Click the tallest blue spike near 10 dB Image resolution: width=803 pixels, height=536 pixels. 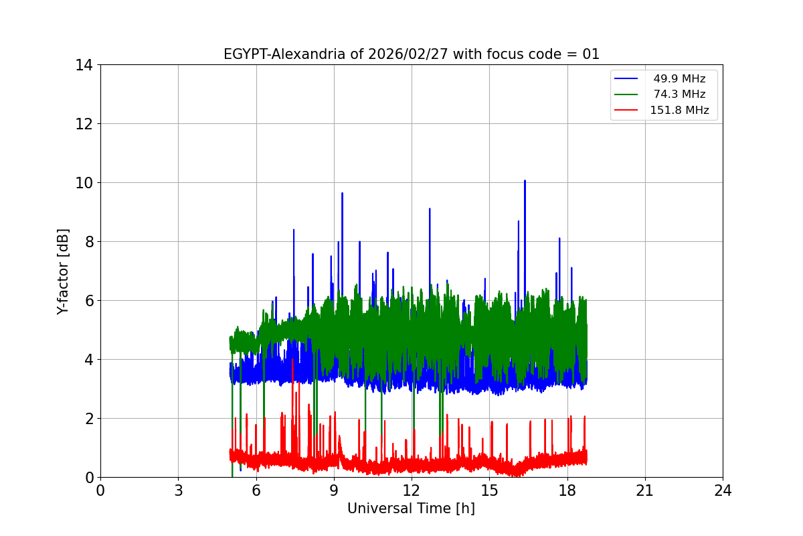pos(525,182)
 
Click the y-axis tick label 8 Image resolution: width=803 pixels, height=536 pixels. pos(88,242)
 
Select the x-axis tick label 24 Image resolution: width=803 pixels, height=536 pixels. pos(723,490)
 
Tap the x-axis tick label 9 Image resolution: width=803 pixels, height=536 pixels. pos(334,490)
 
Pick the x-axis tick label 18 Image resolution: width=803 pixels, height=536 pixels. pos(567,490)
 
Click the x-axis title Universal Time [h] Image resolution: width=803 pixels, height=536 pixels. pos(411,509)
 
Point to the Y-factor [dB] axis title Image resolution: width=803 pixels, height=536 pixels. pos(63,271)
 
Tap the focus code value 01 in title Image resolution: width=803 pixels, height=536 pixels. pos(591,54)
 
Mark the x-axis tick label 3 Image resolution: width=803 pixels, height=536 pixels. pos(178,490)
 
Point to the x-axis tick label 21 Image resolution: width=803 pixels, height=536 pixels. pos(645,490)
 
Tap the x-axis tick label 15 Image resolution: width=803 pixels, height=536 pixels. pos(489,490)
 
